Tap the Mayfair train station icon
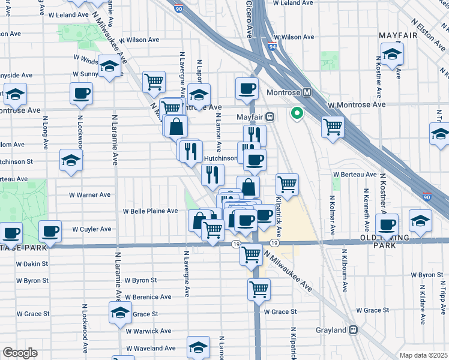coord(270,116)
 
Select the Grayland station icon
coord(354,329)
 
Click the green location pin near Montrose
coord(297,113)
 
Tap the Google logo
coord(20,353)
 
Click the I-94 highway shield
coord(273,46)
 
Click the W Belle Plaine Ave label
coord(150,211)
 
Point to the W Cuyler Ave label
coord(92,229)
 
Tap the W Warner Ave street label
coord(89,195)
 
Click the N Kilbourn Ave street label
coord(345,270)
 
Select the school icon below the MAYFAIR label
coord(392,55)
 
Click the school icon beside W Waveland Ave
coord(198,347)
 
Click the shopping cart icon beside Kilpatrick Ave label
coord(288,184)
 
